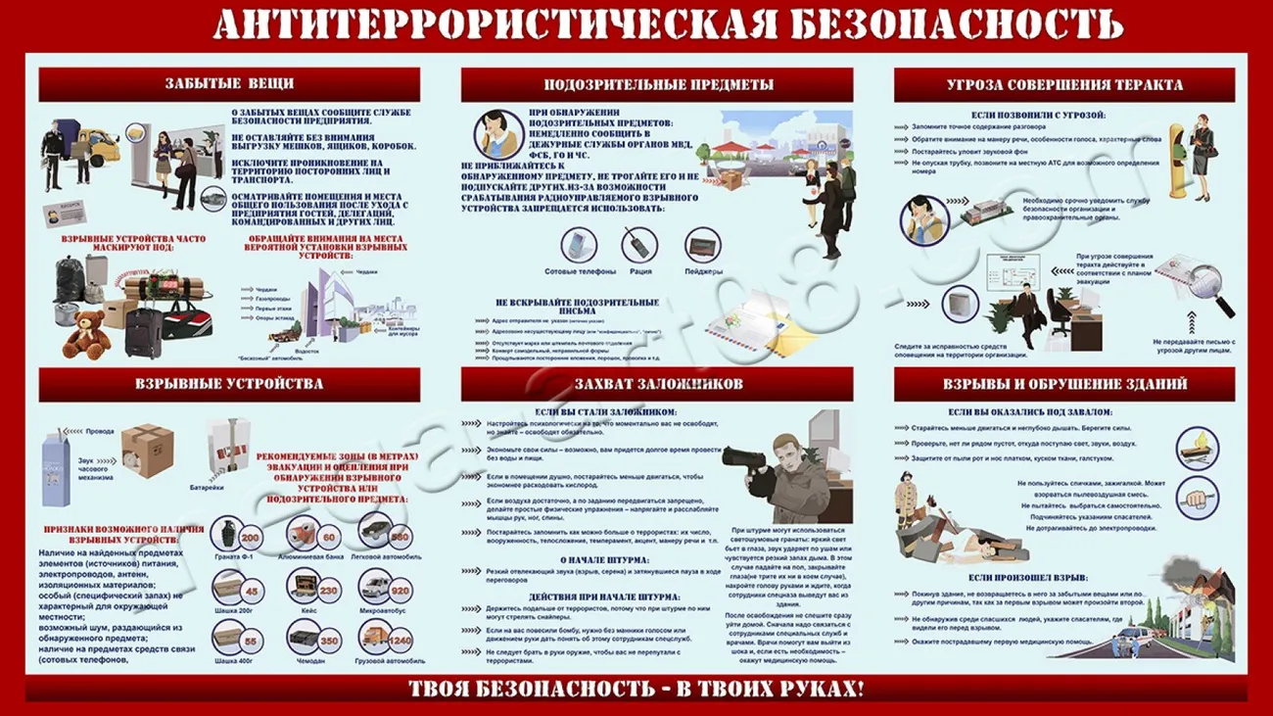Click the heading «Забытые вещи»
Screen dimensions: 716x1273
point(229,84)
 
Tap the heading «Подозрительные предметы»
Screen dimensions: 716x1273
point(657,85)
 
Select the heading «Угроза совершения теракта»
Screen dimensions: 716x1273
point(1064,85)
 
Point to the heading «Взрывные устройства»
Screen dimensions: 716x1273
point(229,384)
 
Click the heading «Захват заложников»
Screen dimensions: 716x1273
point(658,384)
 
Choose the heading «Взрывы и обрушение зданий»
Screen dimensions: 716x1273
point(1064,384)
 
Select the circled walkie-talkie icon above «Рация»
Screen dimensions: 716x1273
point(639,244)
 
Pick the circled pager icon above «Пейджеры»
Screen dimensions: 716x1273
point(702,244)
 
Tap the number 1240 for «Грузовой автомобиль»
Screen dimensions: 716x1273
point(400,641)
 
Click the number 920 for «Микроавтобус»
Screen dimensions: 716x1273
point(400,592)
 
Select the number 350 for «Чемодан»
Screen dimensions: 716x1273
point(328,642)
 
